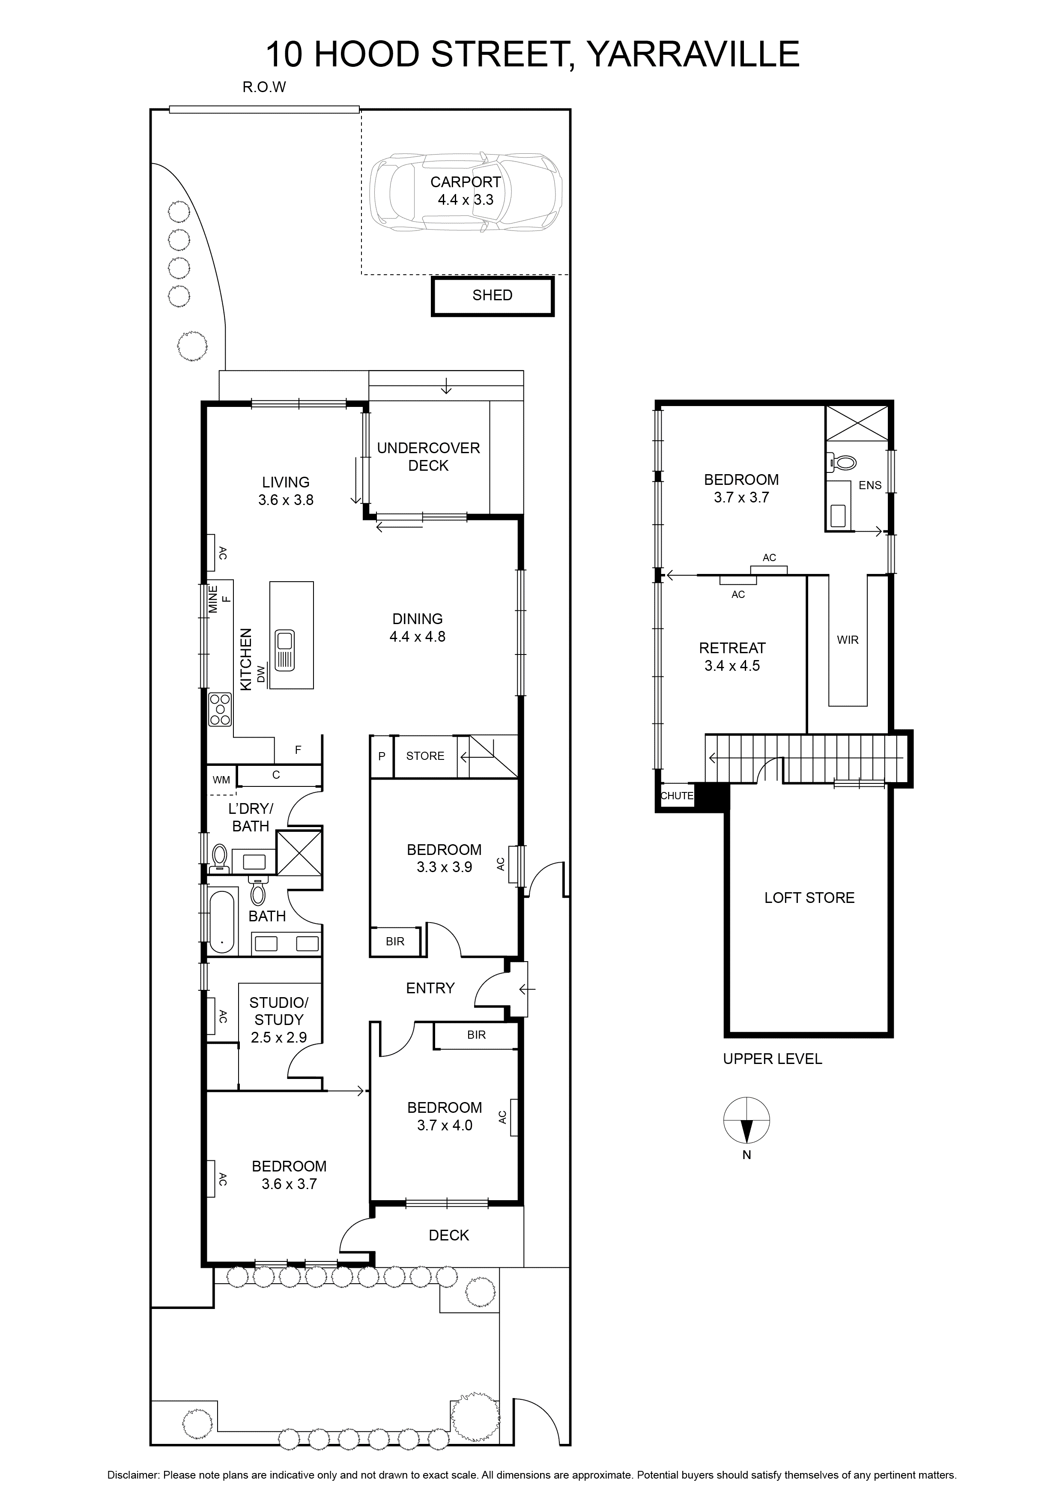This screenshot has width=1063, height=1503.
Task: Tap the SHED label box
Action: coord(492,296)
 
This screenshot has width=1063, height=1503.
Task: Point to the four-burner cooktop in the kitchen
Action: coord(220,709)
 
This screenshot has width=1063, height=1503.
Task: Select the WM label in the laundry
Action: coord(221,780)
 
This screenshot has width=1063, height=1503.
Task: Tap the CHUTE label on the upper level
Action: coord(676,796)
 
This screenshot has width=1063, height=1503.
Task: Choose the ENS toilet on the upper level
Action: coord(843,463)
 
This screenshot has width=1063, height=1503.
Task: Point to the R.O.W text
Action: coord(264,87)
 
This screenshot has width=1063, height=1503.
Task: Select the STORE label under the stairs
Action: coord(425,756)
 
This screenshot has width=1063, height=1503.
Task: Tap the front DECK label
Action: coord(448,1235)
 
